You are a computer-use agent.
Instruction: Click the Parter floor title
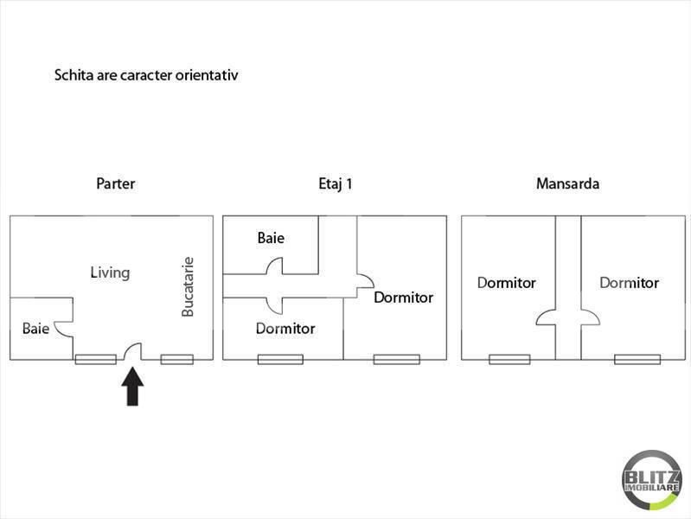pyautogui.click(x=116, y=183)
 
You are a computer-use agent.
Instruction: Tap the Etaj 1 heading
pyautogui.click(x=336, y=184)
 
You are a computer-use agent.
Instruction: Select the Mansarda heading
pyautogui.click(x=567, y=183)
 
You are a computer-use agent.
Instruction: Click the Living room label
pyautogui.click(x=110, y=272)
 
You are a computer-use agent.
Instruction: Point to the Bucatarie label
pyautogui.click(x=188, y=286)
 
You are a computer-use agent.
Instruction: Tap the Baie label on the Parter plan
pyautogui.click(x=35, y=329)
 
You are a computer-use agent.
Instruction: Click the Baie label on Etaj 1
pyautogui.click(x=271, y=238)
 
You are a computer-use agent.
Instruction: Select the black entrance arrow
pyautogui.click(x=132, y=387)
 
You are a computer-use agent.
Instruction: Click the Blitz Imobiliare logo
pyautogui.click(x=652, y=480)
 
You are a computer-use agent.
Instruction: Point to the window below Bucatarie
pyautogui.click(x=176, y=359)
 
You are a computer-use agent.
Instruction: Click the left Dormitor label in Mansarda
pyautogui.click(x=507, y=283)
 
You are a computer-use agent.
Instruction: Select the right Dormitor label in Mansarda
pyautogui.click(x=630, y=283)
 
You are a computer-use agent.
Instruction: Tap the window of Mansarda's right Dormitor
pyautogui.click(x=637, y=359)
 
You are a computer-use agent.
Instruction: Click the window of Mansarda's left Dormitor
pyautogui.click(x=509, y=359)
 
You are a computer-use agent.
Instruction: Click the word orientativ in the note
pyautogui.click(x=207, y=75)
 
